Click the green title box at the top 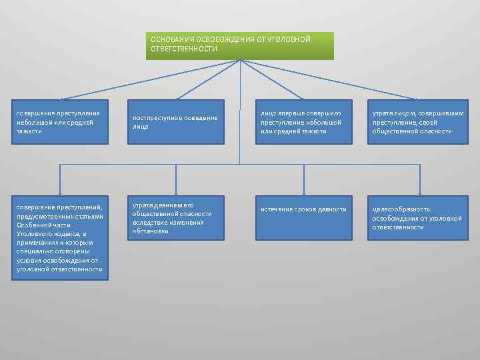tap(240, 46)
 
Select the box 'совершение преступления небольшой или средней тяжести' tap(60, 122)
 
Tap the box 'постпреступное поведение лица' tap(176, 122)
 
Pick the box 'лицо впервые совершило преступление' tap(304, 122)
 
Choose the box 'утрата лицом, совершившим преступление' tap(419, 122)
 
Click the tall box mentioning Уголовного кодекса tap(60, 237)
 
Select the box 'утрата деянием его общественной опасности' tap(176, 217)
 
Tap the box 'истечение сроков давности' tap(304, 217)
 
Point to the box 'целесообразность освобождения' tap(419, 217)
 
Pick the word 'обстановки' tap(150, 231)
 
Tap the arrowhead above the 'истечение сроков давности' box tap(304, 192)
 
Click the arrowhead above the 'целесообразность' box tap(419, 192)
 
